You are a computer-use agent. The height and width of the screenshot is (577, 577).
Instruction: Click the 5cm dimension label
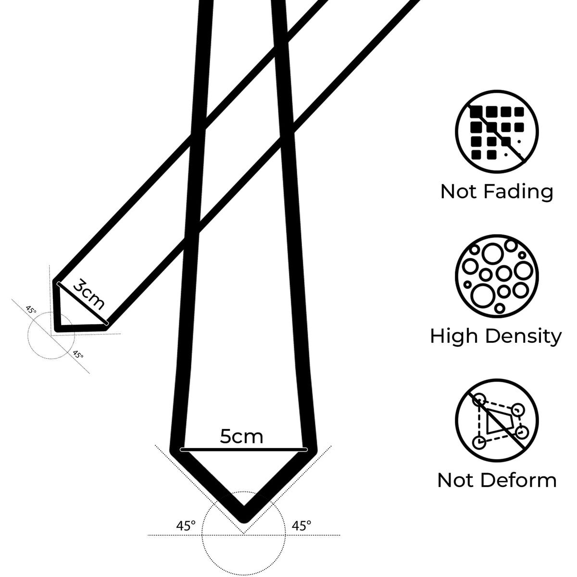coord(241,437)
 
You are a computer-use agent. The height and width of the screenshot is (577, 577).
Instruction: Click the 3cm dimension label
coord(89,294)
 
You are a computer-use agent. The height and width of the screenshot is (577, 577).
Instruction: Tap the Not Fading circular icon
coord(497,132)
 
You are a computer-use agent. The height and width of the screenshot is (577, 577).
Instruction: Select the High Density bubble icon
coord(497,276)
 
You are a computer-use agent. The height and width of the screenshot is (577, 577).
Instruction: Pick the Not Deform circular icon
coord(497,420)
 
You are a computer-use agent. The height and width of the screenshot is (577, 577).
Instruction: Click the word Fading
coord(518,192)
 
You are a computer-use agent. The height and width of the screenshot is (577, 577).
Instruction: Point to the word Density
coord(524,337)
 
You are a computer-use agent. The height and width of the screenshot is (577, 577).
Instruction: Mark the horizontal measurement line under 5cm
coord(244,450)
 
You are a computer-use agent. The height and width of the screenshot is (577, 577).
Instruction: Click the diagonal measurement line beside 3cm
coord(82,303)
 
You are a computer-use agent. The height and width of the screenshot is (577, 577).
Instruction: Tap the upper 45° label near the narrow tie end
coord(31,310)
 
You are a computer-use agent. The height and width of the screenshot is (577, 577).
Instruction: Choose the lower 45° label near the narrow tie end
coord(78,355)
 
